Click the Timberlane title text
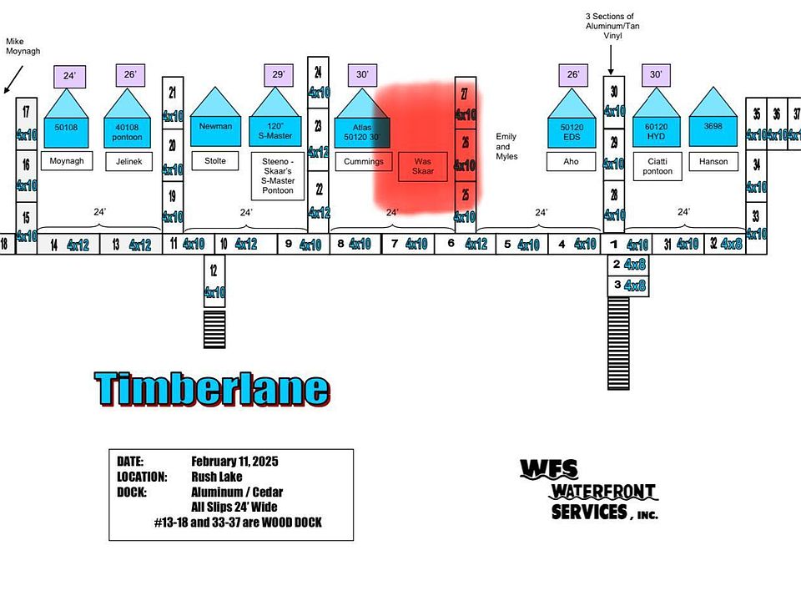(212, 389)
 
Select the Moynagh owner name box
(67, 161)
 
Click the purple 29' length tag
(278, 75)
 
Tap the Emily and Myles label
(506, 146)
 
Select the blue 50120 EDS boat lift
(572, 125)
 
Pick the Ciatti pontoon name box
(657, 166)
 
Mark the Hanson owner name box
(713, 161)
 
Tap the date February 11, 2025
(234, 462)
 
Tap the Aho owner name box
(572, 161)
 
